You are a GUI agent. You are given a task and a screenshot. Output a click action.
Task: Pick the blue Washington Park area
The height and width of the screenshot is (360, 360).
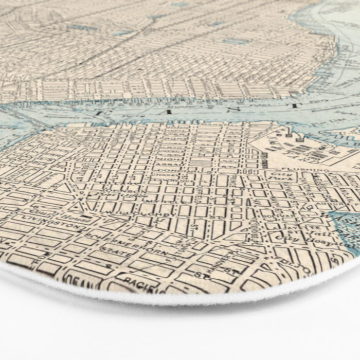[345, 226]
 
